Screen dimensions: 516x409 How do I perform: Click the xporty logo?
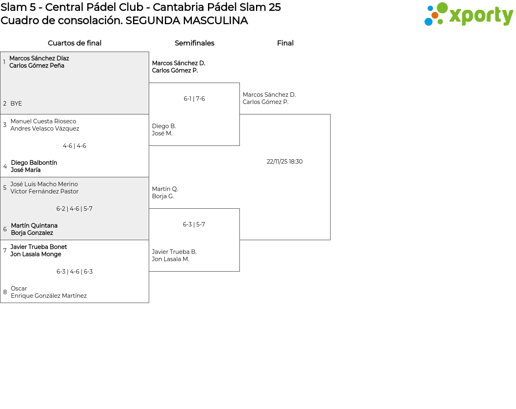point(468,14)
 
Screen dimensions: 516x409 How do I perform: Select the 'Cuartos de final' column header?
point(75,43)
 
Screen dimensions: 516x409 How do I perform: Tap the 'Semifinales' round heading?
point(194,43)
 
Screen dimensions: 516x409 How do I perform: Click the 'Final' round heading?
point(285,43)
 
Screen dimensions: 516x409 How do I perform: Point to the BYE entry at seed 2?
point(16,104)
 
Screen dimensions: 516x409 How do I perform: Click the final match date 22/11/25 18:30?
point(285,162)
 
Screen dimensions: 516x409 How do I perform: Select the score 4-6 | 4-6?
point(74,146)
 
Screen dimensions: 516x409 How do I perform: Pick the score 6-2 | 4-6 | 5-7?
point(74,209)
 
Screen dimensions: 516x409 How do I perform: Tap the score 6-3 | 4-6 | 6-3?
point(75,272)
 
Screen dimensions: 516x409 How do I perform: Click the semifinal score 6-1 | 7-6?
point(194,99)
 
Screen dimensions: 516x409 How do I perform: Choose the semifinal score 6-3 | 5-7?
point(194,224)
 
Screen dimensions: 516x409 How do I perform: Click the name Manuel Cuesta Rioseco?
point(43,121)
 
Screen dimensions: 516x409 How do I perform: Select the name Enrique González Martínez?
point(49,296)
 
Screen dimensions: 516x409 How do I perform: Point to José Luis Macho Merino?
point(44,184)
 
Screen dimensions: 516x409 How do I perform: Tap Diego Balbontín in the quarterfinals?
point(34,163)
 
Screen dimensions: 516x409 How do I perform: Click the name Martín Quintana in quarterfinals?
point(34,226)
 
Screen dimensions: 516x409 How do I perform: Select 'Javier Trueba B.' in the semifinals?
point(174,252)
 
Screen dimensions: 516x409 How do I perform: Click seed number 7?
point(5,251)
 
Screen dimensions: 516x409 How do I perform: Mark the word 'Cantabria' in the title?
point(179,7)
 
